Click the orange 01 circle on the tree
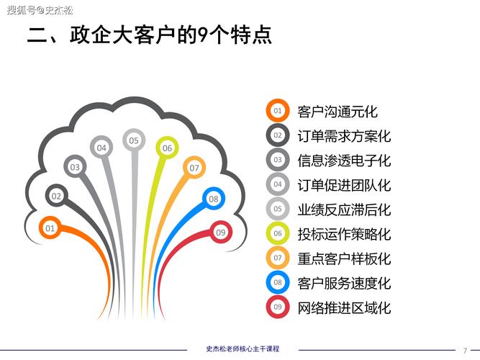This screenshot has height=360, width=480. point(50,228)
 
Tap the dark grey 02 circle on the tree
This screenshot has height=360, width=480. point(56,195)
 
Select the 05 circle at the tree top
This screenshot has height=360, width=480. point(134,140)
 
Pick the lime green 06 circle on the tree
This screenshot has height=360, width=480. point(167,148)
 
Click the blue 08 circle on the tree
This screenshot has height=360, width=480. point(214,199)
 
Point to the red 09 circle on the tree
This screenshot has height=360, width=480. point(221,232)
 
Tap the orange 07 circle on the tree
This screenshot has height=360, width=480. point(194,168)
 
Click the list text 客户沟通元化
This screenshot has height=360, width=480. point(338,112)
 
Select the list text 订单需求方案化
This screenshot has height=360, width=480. point(344,136)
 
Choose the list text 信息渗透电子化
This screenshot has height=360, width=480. point(344,160)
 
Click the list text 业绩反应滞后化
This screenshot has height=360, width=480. point(344,210)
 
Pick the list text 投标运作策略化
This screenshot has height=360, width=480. point(344,234)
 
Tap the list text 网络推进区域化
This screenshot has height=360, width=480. point(344,308)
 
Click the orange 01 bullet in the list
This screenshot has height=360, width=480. point(277,111)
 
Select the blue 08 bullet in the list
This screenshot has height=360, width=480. point(277,282)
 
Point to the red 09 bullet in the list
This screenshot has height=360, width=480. point(277,307)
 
